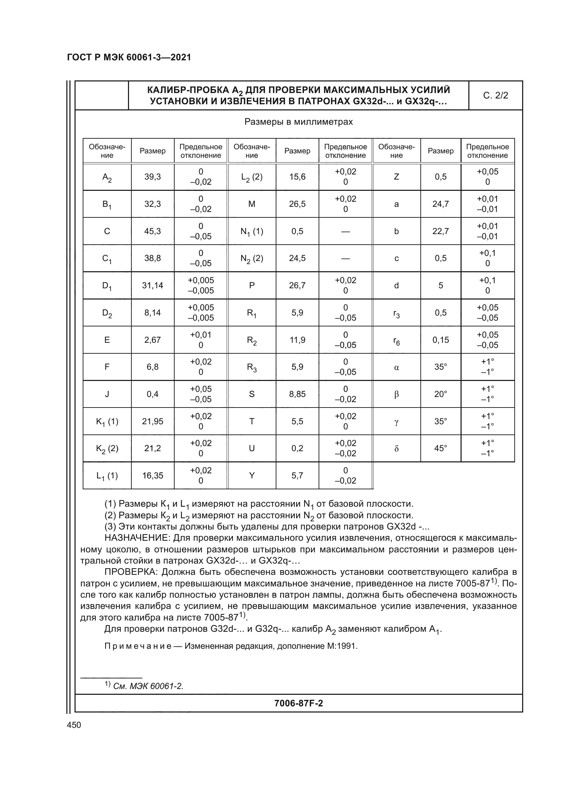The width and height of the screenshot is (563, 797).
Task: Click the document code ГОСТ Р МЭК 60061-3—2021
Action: [129, 57]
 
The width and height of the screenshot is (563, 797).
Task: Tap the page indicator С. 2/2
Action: [495, 95]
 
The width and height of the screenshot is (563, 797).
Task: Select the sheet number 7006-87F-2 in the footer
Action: [298, 703]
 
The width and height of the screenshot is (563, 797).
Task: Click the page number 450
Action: [74, 725]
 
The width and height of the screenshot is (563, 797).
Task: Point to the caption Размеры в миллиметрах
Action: [298, 122]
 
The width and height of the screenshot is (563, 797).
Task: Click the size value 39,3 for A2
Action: [152, 177]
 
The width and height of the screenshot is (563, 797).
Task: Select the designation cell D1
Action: [107, 286]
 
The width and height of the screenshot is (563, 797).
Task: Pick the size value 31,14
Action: [152, 285]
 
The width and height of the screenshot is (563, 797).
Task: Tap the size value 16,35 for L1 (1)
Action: [152, 476]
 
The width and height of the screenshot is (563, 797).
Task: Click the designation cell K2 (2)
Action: [107, 448]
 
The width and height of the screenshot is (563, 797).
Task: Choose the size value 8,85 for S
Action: [297, 394]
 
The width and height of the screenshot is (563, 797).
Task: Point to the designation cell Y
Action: [252, 476]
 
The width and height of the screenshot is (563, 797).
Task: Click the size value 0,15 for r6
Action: [440, 340]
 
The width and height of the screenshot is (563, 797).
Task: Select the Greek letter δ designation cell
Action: [396, 448]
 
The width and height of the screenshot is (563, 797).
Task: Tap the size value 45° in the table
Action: [440, 448]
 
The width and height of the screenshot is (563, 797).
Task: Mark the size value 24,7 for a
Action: [440, 204]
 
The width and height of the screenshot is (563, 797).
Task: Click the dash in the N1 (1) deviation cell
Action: [345, 231]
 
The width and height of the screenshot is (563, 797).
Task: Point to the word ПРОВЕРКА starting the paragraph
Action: [131, 572]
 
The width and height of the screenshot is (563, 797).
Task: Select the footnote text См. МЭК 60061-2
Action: [148, 686]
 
